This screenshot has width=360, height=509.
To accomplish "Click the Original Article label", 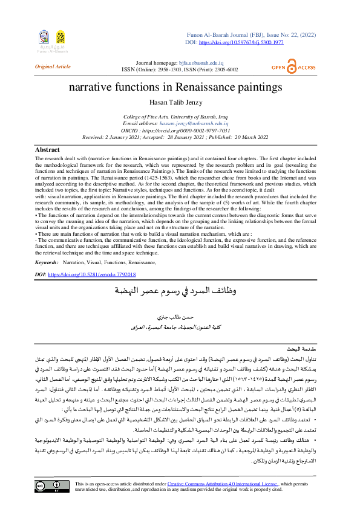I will pos(53,66).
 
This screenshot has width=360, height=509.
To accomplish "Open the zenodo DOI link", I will pos(91,274).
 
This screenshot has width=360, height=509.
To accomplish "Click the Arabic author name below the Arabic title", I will pos(180,317).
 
